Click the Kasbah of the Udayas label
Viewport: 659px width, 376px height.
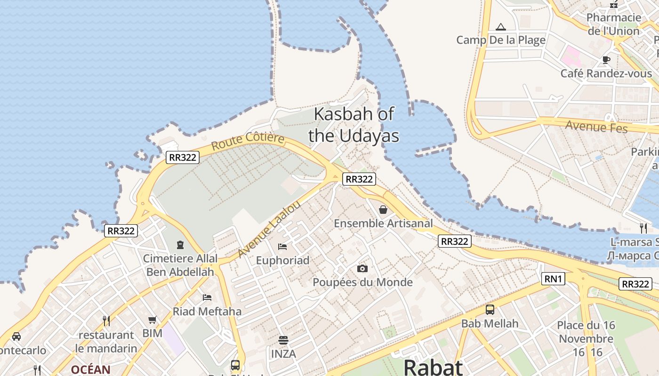coord(354,125)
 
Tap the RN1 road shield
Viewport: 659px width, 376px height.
coord(553,279)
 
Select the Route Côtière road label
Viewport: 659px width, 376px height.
coord(248,141)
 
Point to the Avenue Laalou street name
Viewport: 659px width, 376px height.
coord(268,230)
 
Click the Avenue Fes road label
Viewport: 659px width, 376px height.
coord(596,126)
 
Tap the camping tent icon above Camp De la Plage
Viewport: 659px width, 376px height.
coord(501,27)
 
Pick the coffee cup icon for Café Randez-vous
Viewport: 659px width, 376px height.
coord(606,60)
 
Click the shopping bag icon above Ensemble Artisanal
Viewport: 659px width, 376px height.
coord(383,210)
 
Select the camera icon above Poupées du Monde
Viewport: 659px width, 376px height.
coord(362,268)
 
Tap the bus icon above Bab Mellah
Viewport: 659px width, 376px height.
coord(490,310)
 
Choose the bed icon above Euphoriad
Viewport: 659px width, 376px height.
coord(282,246)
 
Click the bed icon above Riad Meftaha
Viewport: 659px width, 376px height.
coord(207,297)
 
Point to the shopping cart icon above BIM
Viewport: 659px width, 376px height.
coord(153,320)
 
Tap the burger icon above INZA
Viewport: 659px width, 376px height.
coord(283,340)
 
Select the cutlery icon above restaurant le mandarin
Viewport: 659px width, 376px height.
coord(106,321)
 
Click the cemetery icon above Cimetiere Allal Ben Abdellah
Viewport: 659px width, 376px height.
coord(180,244)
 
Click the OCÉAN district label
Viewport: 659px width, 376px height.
coord(91,369)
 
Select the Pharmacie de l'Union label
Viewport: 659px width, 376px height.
coord(614,24)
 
